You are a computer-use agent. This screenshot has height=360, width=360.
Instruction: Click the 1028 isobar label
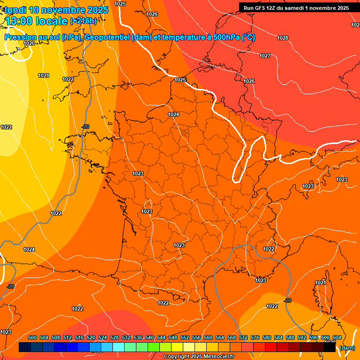point(283,38)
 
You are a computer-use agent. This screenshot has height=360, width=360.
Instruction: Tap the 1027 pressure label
point(265,56)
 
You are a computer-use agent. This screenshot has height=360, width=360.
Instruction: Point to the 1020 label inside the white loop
point(29,43)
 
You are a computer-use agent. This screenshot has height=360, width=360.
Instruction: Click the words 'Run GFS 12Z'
point(260,8)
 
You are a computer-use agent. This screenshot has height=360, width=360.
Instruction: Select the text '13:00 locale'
point(37,21)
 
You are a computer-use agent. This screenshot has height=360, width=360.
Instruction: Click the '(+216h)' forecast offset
point(83,21)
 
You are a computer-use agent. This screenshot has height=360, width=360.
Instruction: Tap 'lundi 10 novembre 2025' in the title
point(57,10)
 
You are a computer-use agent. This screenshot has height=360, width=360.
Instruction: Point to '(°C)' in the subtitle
point(248,37)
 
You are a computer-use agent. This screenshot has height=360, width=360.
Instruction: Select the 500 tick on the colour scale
point(33,337)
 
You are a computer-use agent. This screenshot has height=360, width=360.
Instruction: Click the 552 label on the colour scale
point(185,337)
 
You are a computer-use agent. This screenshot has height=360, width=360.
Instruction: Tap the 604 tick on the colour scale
point(337,337)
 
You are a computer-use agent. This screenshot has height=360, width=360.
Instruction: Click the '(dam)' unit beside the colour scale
point(346,348)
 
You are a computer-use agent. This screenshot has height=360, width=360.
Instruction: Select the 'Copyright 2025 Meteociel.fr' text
point(199,356)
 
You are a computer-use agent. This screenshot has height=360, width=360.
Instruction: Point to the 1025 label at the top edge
point(120,4)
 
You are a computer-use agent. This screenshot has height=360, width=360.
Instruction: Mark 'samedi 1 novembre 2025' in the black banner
point(313,8)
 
